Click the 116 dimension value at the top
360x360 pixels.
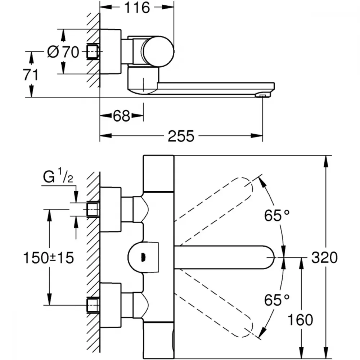137,8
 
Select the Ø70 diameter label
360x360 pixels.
63,52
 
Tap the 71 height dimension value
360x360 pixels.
31,75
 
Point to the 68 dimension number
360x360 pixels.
121,116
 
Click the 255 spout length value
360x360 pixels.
181,136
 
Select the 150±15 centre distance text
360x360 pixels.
49,258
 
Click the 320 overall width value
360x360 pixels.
324,257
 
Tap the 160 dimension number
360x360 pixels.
300,320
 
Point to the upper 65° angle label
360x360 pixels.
276,215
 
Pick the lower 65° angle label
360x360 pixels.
276,300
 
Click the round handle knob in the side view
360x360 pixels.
158,51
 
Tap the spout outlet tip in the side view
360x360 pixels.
263,95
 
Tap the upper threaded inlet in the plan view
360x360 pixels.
93,210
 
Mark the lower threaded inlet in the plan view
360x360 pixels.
93,305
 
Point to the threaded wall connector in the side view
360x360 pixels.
93,51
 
